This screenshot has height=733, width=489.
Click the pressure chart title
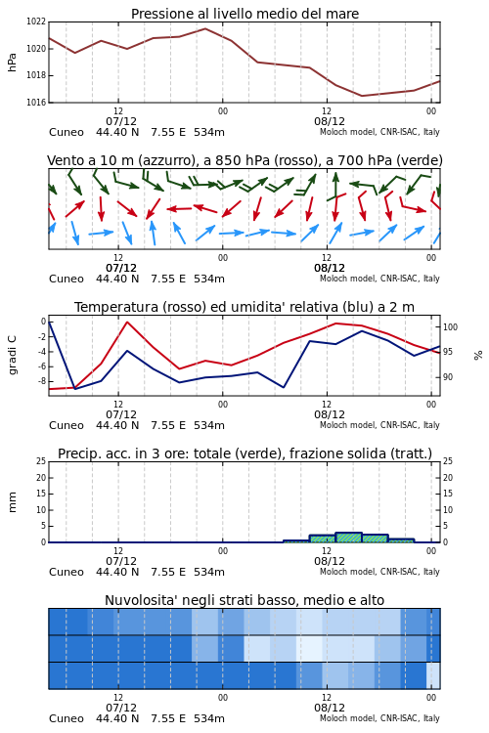[244, 14]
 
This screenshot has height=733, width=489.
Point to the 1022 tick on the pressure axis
[36, 22]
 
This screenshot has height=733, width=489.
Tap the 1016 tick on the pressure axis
[36, 103]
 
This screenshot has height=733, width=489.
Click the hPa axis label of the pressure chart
[12, 63]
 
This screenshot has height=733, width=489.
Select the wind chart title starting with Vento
[244, 161]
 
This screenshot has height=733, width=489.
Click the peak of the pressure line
[205, 28]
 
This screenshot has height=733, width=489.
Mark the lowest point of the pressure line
[362, 96]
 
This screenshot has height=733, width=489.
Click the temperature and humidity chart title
[244, 307]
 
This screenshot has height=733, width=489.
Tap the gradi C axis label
[12, 355]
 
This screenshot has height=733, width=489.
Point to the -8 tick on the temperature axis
[42, 381]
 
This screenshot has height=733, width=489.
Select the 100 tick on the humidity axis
[450, 327]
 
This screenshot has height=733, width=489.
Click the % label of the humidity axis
[478, 356]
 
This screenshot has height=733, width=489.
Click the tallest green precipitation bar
[348, 538]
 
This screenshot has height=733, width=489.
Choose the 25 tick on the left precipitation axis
[41, 461]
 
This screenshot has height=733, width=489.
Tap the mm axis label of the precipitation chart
[12, 502]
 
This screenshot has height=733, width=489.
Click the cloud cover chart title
[244, 600]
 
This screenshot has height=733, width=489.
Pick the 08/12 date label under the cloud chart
[330, 708]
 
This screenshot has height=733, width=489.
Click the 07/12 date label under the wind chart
[121, 268]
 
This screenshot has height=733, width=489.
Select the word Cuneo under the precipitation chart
[67, 572]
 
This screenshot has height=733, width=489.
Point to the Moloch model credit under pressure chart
[379, 132]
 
